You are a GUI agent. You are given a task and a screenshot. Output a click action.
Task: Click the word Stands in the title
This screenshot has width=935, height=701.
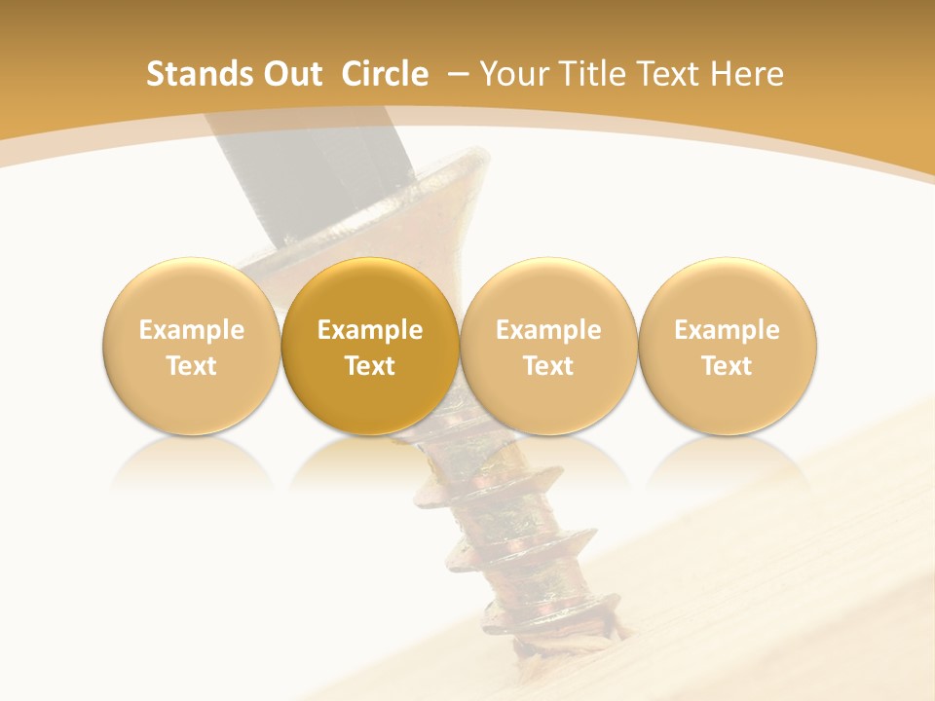193,74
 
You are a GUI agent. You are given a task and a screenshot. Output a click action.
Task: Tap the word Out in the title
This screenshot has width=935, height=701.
290,74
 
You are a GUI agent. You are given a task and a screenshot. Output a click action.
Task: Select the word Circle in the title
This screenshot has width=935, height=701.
385,74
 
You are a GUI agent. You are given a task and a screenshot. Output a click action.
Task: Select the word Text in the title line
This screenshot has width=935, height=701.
670,74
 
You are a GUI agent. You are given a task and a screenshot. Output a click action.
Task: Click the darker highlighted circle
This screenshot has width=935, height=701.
370,346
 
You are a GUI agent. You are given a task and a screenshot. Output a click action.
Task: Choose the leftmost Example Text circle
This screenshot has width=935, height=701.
191,346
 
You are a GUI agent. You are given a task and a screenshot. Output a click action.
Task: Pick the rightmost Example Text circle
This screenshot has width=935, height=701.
728,346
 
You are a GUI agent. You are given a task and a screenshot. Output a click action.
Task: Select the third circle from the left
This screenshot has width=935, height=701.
548,346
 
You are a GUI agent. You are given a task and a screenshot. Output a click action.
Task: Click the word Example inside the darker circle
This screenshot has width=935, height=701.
370,330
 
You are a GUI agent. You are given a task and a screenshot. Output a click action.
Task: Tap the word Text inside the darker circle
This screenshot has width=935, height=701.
370,366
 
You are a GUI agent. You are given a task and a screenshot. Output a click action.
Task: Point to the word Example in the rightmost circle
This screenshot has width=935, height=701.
728,330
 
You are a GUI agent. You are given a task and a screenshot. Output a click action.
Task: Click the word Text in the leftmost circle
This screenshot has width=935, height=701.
191,366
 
